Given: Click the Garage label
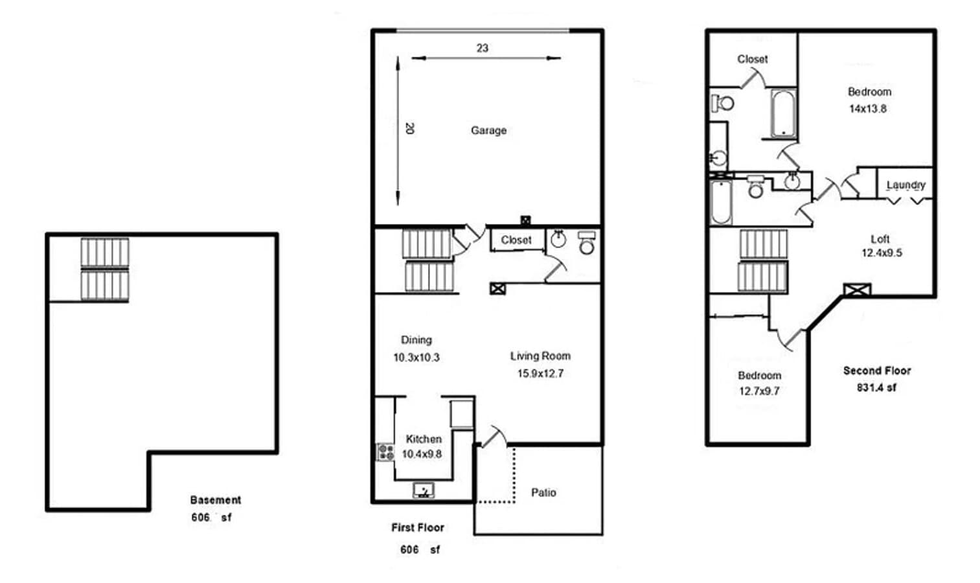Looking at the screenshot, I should coord(488,130).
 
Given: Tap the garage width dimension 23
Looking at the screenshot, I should coord(482,48).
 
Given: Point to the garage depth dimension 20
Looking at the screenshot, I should coord(409,128).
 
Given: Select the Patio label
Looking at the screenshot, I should coord(543,492).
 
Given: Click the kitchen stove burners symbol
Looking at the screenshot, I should coord(385,452).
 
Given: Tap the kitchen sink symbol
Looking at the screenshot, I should coord(424,490).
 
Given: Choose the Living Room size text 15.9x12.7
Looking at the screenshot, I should coord(540,373).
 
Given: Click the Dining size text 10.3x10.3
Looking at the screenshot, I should coord(416,357).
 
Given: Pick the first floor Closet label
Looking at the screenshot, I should coord(516,240).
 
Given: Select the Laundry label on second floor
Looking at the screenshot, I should coord(906,185).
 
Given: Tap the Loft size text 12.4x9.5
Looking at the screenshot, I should coord(881,253).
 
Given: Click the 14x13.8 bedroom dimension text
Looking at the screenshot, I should coord(868,109).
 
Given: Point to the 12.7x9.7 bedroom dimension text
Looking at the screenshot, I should coord(759,391).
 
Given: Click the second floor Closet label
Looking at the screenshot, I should coord(752,59).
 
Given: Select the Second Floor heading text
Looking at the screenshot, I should coord(876,371).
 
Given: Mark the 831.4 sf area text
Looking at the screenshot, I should coord(876,387).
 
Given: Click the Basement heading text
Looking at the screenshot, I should coord(215,500).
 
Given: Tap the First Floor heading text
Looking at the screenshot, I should coord(417,527).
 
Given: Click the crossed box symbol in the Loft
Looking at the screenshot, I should coord(856,290).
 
